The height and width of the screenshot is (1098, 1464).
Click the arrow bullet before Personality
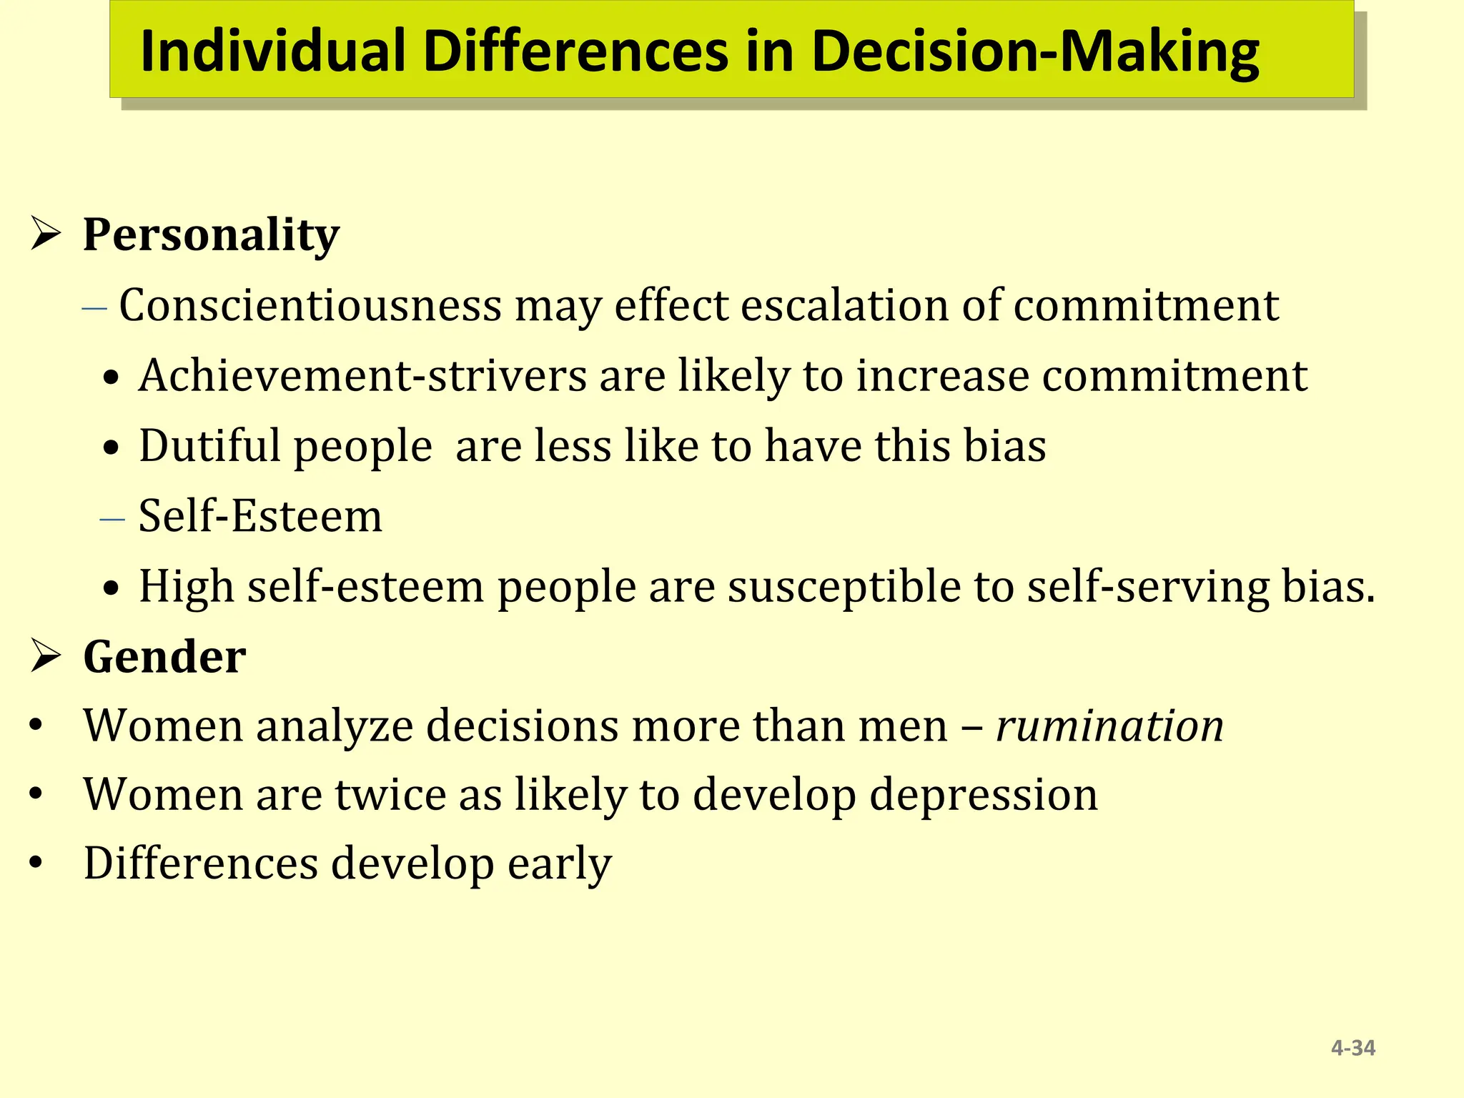coord(45,234)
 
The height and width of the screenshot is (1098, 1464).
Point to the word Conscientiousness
coord(310,305)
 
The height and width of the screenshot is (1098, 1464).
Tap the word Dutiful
coord(209,445)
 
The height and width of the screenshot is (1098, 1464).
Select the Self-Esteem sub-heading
coord(260,515)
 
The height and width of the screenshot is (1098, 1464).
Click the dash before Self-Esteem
coord(112,518)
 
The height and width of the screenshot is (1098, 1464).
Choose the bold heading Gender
coord(164,656)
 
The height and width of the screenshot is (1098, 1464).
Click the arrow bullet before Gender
coord(45,656)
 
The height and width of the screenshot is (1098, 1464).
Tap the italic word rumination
coord(1109,726)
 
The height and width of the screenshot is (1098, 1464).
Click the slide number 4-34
coord(1353,1048)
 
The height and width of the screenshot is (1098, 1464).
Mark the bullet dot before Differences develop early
coord(36,864)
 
